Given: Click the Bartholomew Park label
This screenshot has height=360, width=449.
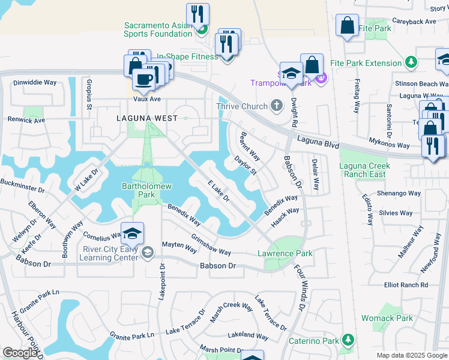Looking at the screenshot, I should click(147, 191).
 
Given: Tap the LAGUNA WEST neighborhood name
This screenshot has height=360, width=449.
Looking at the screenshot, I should click(147, 118).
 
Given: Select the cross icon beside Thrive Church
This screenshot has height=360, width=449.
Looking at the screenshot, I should click(276, 106).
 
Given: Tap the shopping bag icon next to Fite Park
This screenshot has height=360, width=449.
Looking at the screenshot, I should click(347, 26).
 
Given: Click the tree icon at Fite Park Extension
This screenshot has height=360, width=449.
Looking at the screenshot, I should click(411, 62).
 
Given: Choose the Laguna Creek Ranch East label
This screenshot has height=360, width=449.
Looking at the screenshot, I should click(364, 170).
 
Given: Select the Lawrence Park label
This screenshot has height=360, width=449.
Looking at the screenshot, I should click(285, 253).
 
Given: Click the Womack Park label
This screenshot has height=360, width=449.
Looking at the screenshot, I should click(387, 318).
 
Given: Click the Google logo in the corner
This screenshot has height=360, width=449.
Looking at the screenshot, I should click(20, 353).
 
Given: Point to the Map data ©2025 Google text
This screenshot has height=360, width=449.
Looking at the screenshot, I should click(411, 355).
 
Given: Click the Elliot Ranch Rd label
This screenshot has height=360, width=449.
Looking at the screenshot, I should click(406, 285).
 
